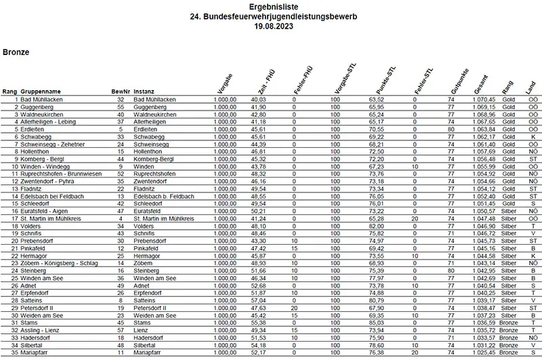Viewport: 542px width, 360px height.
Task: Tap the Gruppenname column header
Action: click(x=43, y=91)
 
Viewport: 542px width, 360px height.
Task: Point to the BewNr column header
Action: click(x=120, y=91)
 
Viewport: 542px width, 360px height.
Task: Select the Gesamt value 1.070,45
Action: click(x=484, y=99)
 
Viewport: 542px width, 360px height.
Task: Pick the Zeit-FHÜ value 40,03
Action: click(x=257, y=99)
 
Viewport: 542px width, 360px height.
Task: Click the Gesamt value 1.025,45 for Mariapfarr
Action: click(x=484, y=352)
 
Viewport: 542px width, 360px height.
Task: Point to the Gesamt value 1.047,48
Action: click(x=484, y=218)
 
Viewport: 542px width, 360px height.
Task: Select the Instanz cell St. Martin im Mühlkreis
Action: click(x=164, y=218)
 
